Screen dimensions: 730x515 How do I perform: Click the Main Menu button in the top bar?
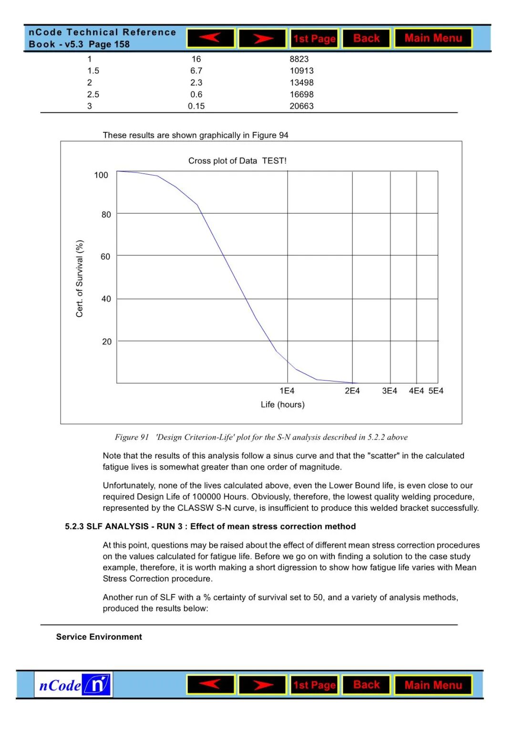tap(433, 38)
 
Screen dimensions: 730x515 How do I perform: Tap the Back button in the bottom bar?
tap(366, 685)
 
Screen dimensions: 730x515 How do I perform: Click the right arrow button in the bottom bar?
tap(262, 685)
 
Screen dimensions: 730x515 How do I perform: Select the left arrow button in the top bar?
tap(210, 38)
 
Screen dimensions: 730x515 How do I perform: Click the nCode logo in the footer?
tap(73, 685)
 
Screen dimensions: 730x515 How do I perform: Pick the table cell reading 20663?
tap(301, 106)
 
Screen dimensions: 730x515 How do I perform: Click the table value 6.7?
tap(196, 71)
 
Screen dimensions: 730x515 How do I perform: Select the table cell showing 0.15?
tap(196, 106)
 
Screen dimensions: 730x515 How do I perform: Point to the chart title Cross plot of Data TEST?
tap(237, 161)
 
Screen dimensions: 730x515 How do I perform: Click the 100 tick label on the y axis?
tap(101, 175)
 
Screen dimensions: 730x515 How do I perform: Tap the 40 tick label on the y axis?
tap(106, 299)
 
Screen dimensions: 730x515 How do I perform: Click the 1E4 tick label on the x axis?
tap(287, 391)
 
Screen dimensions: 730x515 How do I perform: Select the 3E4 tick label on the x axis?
tap(389, 391)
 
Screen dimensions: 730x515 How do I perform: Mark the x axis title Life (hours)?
tap(282, 405)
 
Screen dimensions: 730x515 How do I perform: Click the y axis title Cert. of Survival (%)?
tap(80, 278)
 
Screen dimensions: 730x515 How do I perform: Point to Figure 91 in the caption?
tap(132, 437)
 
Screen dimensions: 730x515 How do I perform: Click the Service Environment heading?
tap(99, 637)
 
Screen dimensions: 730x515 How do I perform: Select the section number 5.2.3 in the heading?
tap(74, 527)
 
